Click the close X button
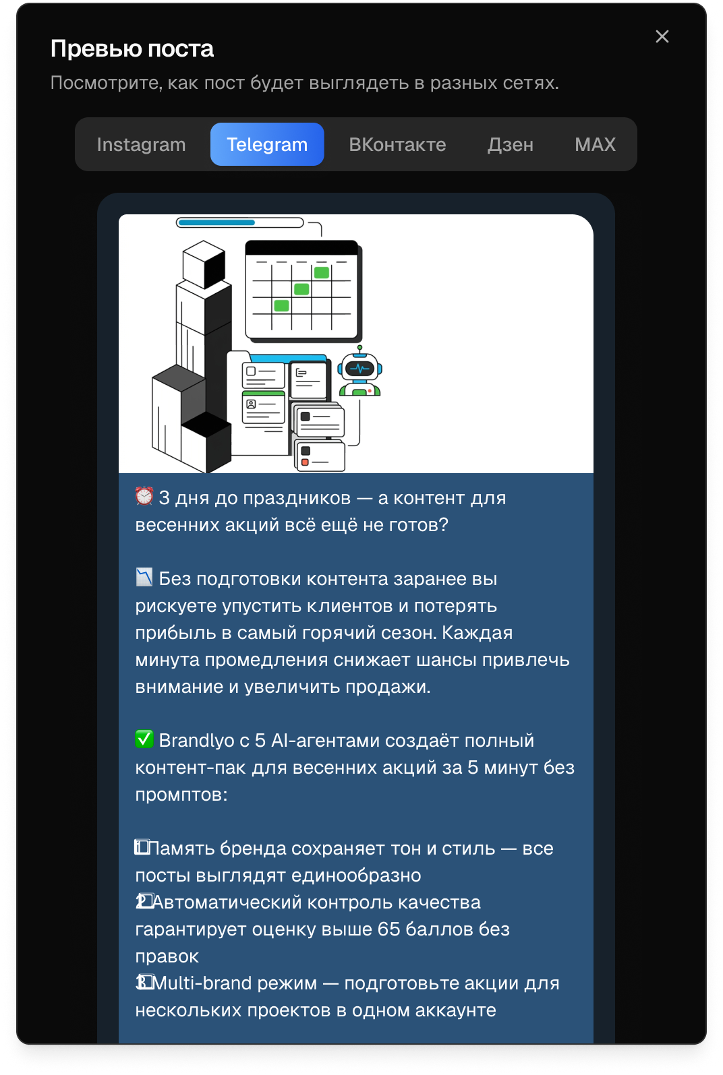[662, 36]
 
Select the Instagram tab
[141, 144]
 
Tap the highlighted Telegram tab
[267, 144]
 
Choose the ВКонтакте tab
[397, 144]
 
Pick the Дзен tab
[511, 144]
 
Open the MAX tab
[595, 144]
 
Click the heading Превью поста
[132, 49]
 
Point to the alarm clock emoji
[144, 497]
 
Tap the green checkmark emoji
[144, 739]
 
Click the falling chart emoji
[144, 578]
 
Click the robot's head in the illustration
[360, 368]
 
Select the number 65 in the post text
[388, 929]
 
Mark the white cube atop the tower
[204, 264]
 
